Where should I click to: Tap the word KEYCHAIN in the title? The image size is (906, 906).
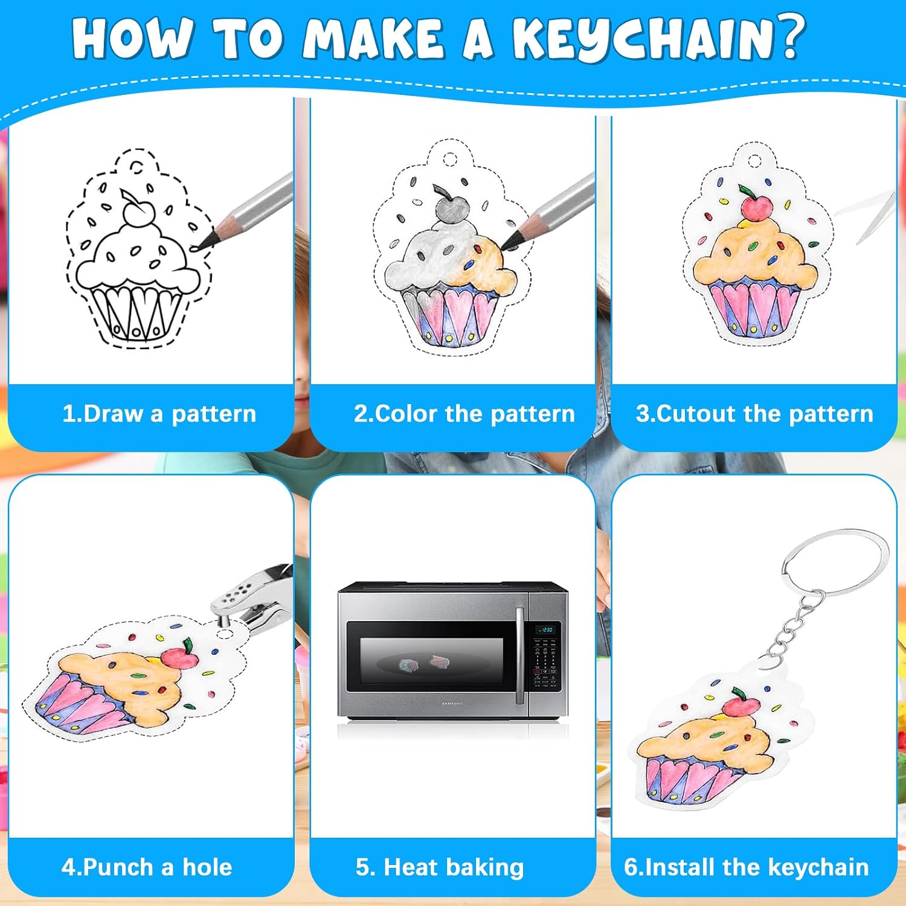pos(640,39)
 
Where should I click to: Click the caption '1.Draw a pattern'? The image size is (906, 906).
pos(159,414)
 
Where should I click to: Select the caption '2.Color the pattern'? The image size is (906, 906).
pos(464,414)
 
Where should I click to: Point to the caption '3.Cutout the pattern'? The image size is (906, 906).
pos(754,414)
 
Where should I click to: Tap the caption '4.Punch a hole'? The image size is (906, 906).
pos(147,867)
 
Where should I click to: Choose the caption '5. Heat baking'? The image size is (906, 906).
pos(440,867)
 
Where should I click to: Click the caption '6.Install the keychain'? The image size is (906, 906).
pos(747,867)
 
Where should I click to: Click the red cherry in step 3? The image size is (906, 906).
pos(756,207)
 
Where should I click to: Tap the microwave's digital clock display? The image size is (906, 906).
pos(545,630)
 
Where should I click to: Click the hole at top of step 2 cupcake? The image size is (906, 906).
pos(450,159)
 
